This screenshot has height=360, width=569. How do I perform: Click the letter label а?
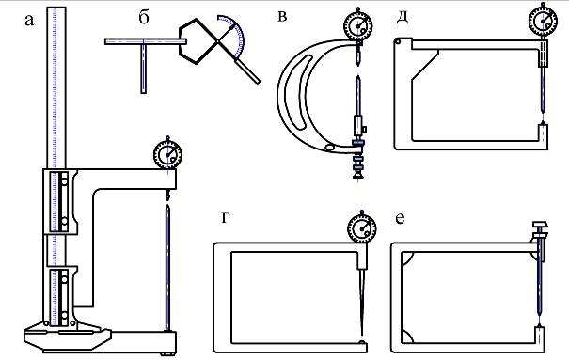(29, 21)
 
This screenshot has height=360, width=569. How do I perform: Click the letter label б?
(144, 17)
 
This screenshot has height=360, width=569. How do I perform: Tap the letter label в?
(281, 17)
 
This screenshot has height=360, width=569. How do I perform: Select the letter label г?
(225, 218)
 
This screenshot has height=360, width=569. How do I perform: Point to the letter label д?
(403, 18)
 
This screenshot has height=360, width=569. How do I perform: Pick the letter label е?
(400, 218)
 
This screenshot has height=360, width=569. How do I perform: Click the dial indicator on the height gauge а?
(167, 154)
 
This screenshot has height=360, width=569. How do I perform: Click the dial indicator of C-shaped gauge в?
(358, 25)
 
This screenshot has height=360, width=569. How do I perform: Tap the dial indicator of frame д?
(543, 21)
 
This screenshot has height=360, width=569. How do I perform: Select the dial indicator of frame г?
(362, 228)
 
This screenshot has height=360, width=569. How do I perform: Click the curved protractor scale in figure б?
(236, 34)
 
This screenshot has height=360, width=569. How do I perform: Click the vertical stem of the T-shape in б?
(144, 67)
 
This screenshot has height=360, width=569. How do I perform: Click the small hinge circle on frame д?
(399, 41)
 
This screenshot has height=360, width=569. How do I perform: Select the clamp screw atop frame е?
(540, 230)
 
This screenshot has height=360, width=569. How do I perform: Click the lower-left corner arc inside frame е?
(407, 337)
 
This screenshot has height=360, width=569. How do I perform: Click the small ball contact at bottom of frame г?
(361, 341)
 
